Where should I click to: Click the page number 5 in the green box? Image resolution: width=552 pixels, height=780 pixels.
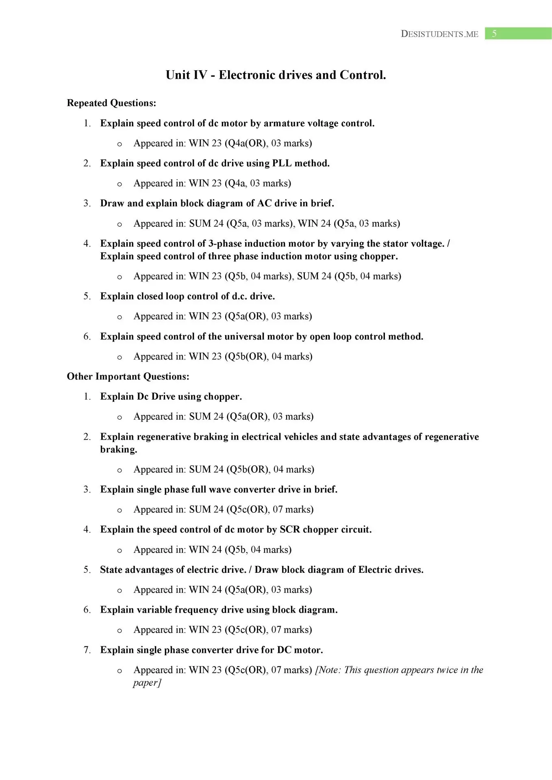(494, 34)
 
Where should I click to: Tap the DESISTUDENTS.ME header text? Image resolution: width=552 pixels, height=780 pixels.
(439, 34)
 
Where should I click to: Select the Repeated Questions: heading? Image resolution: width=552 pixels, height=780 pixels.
(111, 103)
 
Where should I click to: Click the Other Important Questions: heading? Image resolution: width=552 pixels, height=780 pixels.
(128, 377)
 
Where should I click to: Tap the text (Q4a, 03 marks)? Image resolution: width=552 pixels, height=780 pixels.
(258, 183)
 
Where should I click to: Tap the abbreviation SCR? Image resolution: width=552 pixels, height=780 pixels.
(289, 530)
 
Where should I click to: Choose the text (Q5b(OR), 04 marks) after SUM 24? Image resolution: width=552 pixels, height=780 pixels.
(270, 470)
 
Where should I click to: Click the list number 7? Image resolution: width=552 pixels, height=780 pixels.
(87, 650)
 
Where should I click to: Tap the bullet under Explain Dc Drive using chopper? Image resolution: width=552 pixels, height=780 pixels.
(120, 417)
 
